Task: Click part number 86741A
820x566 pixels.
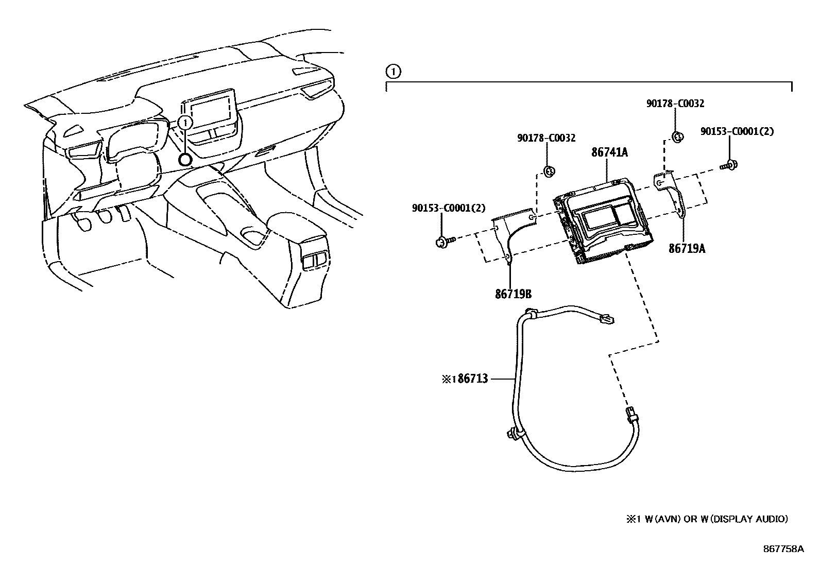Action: pos(610,152)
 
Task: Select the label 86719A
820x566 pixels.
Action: pos(687,249)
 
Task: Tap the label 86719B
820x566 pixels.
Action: pos(513,294)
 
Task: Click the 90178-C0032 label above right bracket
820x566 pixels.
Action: pos(675,104)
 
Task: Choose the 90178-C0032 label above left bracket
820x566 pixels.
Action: pos(546,138)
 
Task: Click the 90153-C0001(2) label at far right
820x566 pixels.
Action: pos(737,132)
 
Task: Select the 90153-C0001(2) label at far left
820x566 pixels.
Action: pos(449,208)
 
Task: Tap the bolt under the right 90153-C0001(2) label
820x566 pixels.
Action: pos(728,165)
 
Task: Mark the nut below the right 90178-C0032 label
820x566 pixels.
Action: pos(678,136)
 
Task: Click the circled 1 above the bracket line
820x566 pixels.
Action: pos(392,71)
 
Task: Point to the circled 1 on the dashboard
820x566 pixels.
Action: pos(185,123)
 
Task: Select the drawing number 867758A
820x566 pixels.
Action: pos(783,549)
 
